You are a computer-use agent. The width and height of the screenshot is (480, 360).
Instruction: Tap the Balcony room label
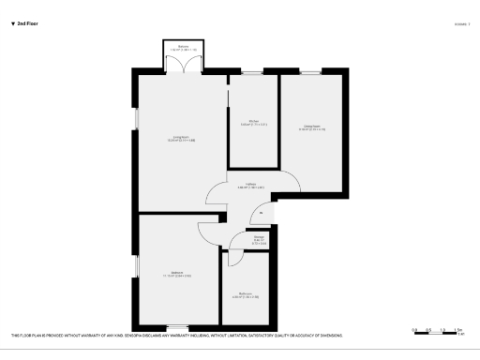184,46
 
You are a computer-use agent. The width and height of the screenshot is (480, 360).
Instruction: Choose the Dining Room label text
312,127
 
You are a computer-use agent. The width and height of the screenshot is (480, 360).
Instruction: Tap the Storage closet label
258,238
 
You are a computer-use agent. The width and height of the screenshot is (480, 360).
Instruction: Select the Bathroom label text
246,293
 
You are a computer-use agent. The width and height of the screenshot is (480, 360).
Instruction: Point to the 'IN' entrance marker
261,212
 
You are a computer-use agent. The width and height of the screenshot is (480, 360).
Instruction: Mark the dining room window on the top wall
311,72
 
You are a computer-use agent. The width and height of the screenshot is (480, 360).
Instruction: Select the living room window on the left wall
137,118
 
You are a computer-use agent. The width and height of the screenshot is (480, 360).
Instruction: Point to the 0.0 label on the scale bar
414,329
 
